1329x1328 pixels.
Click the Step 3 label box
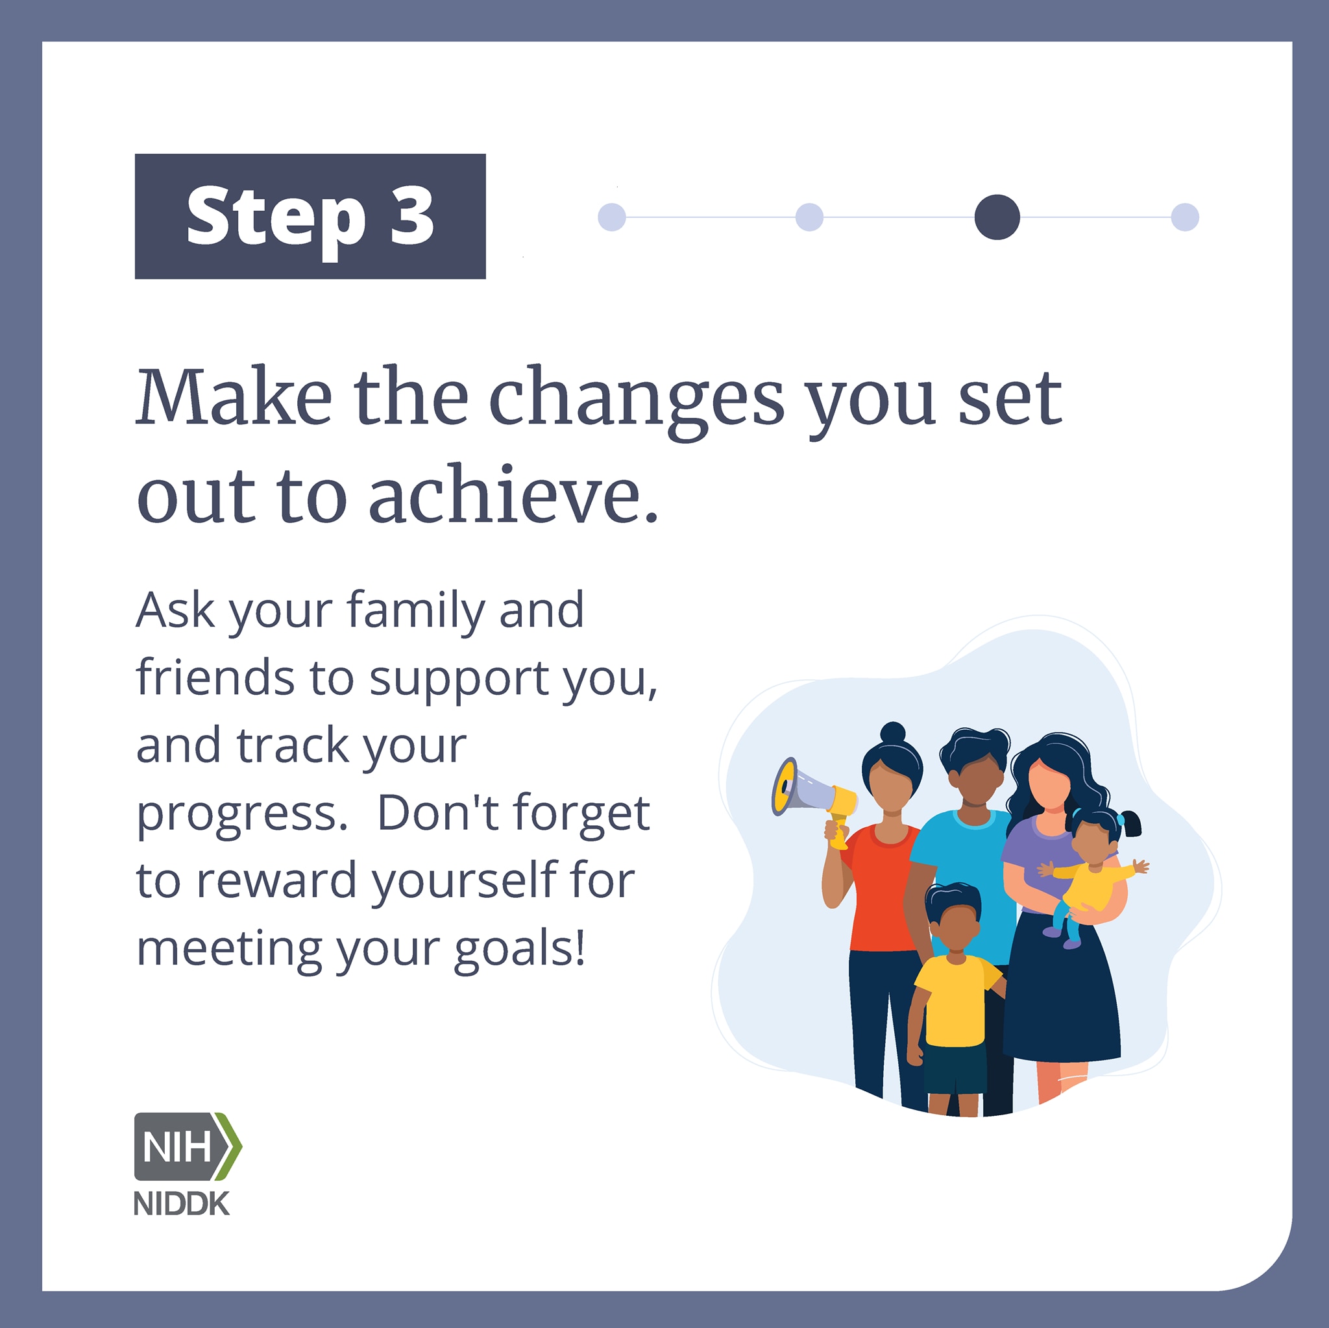pos(310,216)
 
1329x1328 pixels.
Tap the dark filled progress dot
pos(997,217)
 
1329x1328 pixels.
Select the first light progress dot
pos(611,217)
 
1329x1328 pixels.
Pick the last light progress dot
pos(1184,217)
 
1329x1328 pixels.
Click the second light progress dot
pos(809,217)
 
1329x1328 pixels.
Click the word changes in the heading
pos(637,403)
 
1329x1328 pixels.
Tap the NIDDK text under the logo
pos(182,1203)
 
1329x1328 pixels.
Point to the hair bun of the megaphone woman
pos(893,732)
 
